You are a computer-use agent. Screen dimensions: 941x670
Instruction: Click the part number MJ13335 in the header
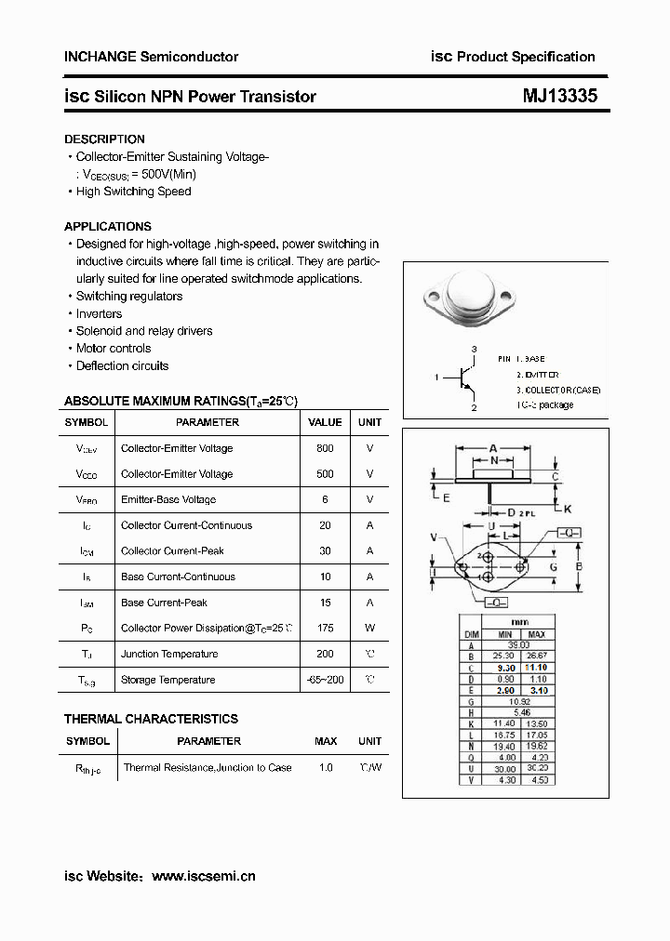point(559,96)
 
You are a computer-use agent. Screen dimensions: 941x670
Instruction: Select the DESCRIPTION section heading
point(104,139)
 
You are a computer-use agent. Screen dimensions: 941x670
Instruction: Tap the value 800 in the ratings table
point(325,448)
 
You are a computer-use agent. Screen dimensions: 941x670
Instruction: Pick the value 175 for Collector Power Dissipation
point(325,629)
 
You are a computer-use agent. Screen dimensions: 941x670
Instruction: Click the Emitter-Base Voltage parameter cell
point(168,499)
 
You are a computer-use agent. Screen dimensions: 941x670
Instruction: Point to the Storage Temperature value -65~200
point(325,680)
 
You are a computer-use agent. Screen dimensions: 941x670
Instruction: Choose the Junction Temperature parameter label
point(169,654)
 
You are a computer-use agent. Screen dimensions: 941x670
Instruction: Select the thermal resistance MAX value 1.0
point(325,768)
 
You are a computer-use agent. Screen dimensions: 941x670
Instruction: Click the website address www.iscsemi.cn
point(203,876)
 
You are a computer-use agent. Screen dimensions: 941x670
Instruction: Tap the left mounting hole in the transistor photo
point(434,297)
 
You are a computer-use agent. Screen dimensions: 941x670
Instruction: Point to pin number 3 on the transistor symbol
point(474,349)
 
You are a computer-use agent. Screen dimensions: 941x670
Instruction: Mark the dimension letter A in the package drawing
point(493,447)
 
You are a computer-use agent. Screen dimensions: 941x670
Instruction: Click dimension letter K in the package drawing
point(568,509)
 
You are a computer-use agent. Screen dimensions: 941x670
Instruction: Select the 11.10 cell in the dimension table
point(536,668)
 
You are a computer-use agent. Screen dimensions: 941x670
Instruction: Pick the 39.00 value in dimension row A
point(518,644)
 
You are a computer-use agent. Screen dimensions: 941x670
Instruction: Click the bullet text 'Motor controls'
point(114,349)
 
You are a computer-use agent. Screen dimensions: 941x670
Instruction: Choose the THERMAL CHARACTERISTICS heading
point(151,719)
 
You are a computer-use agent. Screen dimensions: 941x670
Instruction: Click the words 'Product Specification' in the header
point(526,57)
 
